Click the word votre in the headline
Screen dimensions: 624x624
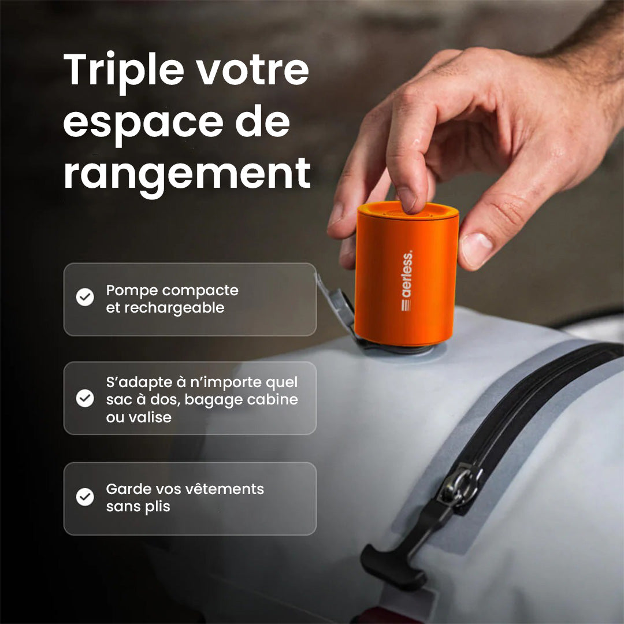253,70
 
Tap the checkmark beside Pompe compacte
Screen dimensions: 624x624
85,298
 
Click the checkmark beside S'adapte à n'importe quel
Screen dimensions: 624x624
85,398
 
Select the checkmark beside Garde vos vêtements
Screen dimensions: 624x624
85,497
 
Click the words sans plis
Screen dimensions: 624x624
138,507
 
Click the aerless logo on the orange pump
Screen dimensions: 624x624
407,281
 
